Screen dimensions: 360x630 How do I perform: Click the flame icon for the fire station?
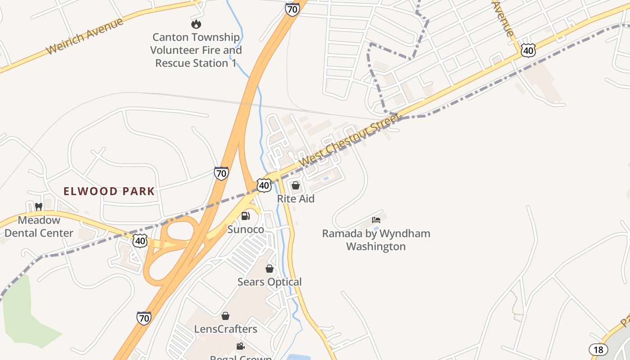tap(196, 24)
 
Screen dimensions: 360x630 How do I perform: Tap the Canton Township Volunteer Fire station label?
tap(196, 50)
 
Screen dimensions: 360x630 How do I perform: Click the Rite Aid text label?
tap(296, 198)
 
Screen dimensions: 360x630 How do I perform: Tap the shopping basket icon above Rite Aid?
tap(296, 185)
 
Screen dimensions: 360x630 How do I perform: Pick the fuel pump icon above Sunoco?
tap(246, 216)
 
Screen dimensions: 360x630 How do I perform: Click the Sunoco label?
tap(246, 229)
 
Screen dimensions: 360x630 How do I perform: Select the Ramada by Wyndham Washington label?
tap(376, 240)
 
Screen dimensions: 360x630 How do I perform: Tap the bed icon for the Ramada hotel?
tap(376, 220)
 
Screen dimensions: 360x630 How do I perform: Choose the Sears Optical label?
tap(270, 282)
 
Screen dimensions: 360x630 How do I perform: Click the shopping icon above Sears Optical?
tap(270, 269)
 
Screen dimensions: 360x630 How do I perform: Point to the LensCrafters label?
tap(225, 329)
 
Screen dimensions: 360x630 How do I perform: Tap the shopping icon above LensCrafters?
tap(225, 316)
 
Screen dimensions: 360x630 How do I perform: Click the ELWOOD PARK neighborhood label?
tap(109, 191)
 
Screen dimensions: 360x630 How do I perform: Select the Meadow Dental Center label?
tap(39, 226)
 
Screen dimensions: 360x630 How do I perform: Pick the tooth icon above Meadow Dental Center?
tap(39, 207)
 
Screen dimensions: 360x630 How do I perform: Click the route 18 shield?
tap(598, 349)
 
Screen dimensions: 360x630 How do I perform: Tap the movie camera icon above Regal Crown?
tap(241, 346)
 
